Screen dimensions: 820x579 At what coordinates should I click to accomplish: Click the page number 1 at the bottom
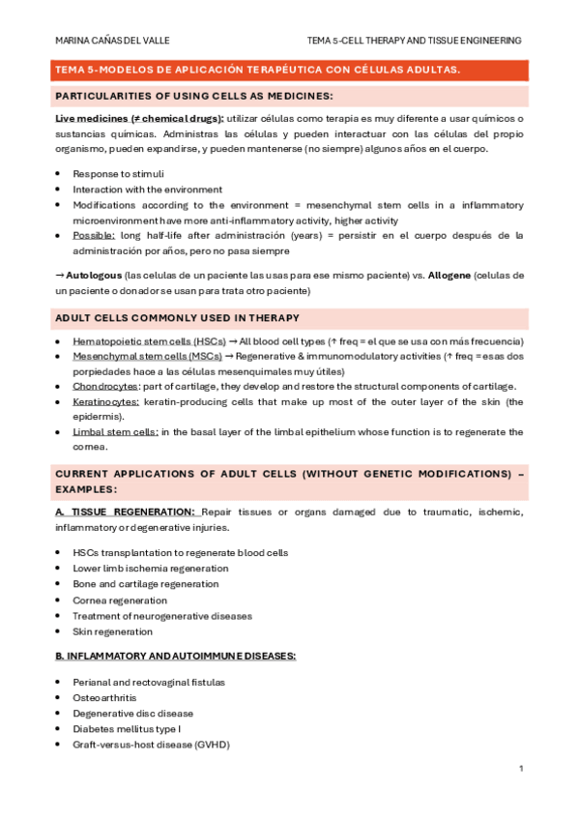pos(521,768)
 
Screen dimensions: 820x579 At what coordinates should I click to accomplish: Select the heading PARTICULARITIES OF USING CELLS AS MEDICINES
pos(193,96)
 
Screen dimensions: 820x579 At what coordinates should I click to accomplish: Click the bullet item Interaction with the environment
pos(147,190)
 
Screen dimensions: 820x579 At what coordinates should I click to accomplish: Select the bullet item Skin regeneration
pos(112,631)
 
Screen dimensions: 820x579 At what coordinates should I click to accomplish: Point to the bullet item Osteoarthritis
pos(104,697)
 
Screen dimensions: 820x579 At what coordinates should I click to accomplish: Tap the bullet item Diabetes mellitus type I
pos(127,728)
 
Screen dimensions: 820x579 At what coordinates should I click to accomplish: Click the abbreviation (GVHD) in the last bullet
pos(211,745)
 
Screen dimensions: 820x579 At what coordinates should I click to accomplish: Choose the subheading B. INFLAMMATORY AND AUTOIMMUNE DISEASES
pos(175,656)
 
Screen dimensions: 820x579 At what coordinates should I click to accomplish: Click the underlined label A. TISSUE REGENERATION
pos(125,512)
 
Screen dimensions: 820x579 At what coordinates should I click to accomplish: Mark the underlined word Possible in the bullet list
pos(94,235)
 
